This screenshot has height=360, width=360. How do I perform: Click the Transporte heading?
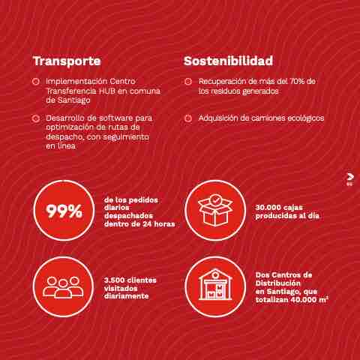click(x=67, y=61)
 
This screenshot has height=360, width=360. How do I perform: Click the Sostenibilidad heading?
click(x=228, y=61)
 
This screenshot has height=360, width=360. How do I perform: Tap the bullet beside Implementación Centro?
click(x=35, y=82)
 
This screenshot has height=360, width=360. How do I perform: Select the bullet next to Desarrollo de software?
click(x=35, y=118)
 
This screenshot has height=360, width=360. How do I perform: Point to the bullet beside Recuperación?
click(x=188, y=82)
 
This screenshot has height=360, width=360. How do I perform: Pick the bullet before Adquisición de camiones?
click(x=188, y=118)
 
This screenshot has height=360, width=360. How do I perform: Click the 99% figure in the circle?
click(x=64, y=211)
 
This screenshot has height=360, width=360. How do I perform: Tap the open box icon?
click(x=215, y=210)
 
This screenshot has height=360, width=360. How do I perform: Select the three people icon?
click(x=63, y=287)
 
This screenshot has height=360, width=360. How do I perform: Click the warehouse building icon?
click(x=215, y=284)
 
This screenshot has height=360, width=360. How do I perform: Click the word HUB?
click(x=107, y=91)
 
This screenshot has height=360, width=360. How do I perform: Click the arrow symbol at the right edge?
click(x=350, y=177)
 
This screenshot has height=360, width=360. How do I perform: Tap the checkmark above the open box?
click(x=215, y=200)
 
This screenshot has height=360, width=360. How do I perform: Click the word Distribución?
click(x=277, y=283)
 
